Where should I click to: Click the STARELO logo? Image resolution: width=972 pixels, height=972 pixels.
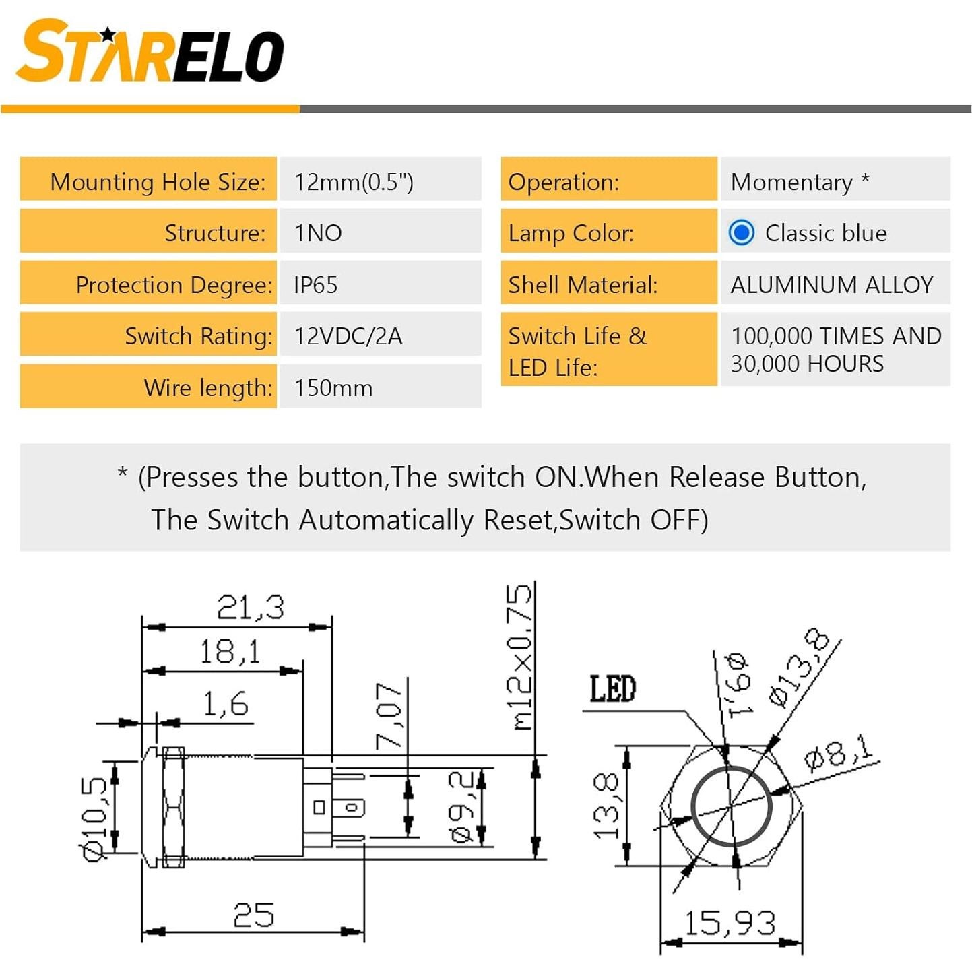tap(150, 52)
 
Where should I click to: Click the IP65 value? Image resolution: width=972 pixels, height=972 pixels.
tap(315, 285)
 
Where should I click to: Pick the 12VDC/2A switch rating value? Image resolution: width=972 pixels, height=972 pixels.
tap(348, 336)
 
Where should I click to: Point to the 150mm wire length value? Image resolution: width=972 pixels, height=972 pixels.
tap(333, 388)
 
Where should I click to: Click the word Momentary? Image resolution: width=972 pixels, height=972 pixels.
tap(791, 182)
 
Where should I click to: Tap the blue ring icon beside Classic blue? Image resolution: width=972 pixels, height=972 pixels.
tap(741, 233)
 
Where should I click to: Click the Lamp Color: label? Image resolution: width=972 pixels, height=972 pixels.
tap(571, 233)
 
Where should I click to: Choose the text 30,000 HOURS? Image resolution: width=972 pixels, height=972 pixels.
tap(807, 364)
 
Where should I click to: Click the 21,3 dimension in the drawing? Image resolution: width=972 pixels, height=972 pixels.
tap(250, 607)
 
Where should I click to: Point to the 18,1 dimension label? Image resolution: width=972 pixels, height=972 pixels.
tap(229, 652)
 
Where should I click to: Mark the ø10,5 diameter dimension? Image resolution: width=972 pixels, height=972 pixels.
tap(94, 818)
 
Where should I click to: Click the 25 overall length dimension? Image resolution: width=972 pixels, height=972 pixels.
tap(253, 915)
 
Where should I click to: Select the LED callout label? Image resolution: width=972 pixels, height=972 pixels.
tap(612, 689)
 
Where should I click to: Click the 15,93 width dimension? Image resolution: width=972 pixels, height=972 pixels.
tap(730, 923)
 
